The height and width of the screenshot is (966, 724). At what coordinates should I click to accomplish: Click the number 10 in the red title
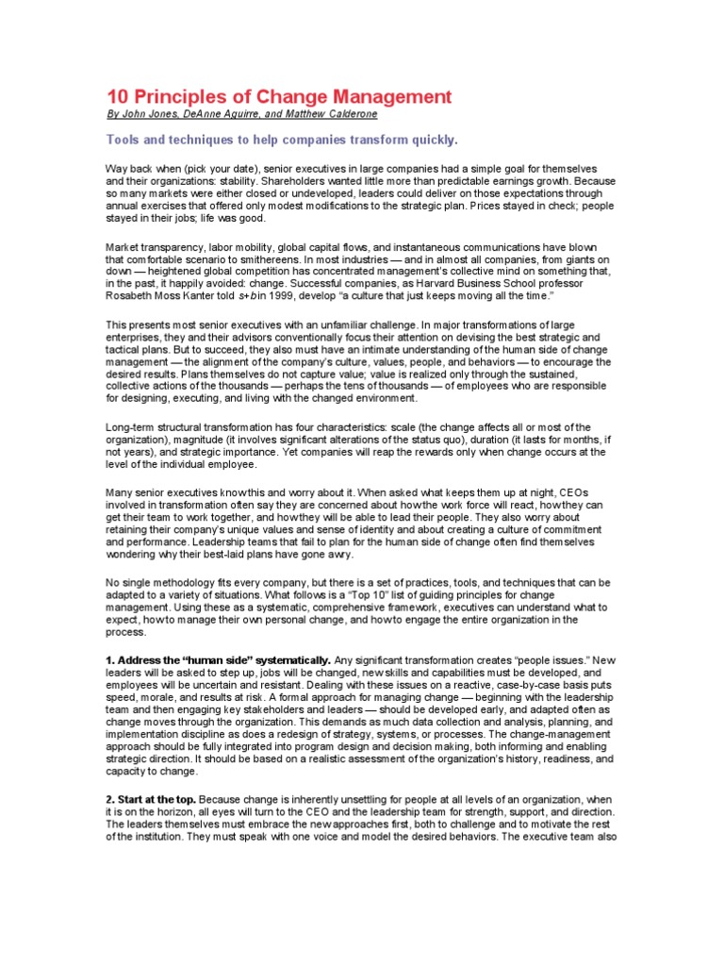point(116,97)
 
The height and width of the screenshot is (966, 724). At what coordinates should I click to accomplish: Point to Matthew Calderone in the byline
point(336,115)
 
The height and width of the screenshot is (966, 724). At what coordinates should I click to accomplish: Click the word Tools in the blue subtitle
point(123,141)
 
